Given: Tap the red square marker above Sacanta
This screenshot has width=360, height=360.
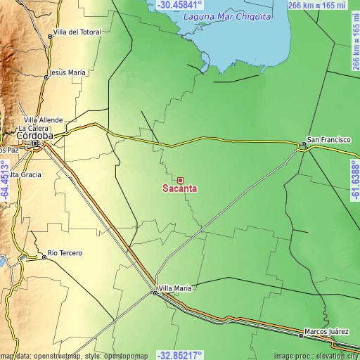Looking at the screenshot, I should [x=180, y=180].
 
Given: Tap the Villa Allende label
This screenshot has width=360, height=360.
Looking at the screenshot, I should [x=43, y=120].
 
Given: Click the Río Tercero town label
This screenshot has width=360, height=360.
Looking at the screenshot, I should [x=65, y=252].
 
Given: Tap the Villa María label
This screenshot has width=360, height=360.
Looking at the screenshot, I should [x=176, y=288].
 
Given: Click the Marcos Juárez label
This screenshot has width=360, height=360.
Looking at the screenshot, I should [x=327, y=330].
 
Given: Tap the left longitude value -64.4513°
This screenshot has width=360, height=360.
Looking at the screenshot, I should [x=5, y=180].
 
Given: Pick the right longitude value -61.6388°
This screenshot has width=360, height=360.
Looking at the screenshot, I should [x=354, y=180].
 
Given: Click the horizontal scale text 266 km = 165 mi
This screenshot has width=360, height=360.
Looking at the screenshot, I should [x=317, y=6].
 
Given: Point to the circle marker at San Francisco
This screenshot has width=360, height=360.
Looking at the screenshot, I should [x=303, y=145].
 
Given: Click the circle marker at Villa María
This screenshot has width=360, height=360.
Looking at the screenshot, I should [x=155, y=293].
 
